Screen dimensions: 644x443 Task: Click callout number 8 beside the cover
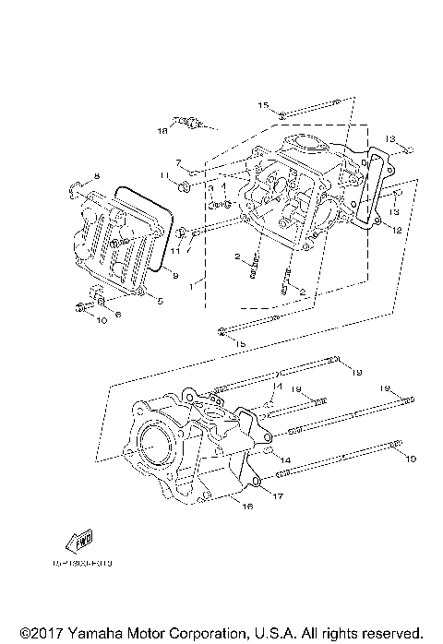coord(95,175)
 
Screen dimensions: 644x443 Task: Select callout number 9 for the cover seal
coord(174,276)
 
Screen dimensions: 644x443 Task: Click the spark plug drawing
coord(190,122)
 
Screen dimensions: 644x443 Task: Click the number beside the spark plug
coord(162,132)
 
